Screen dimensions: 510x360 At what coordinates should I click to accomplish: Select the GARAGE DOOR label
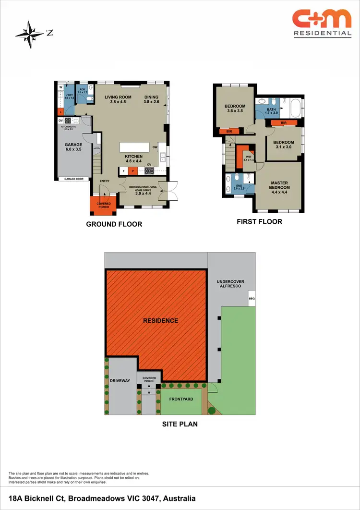click(x=74, y=179)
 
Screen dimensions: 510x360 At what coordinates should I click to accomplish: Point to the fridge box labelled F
click(x=123, y=170)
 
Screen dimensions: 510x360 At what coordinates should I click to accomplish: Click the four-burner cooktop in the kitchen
click(x=149, y=170)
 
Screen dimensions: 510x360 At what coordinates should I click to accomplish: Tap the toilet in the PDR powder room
click(x=90, y=99)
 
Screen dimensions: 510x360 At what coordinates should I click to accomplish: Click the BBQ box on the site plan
click(x=252, y=298)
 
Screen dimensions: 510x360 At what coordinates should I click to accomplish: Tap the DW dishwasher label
click(x=155, y=147)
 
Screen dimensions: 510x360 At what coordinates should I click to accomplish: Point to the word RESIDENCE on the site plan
click(x=160, y=320)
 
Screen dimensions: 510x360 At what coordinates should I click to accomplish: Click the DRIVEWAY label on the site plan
click(x=120, y=381)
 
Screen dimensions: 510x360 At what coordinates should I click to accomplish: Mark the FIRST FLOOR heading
click(x=259, y=222)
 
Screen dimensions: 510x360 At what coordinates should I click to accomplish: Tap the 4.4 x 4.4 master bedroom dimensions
click(x=279, y=192)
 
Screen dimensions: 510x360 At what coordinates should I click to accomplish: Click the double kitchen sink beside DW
click(x=163, y=156)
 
